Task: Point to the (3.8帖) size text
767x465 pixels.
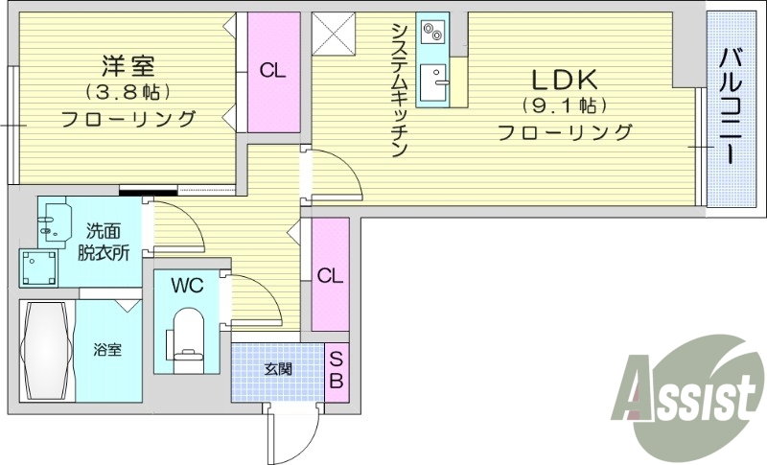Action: point(128,93)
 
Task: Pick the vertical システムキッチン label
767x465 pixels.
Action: point(400,90)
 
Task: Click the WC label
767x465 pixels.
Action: point(187,285)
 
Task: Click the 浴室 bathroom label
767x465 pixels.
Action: point(107,350)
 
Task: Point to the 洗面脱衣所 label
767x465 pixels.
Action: point(105,243)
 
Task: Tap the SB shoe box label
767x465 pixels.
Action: point(337,370)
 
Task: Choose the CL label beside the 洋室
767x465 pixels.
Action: point(272,70)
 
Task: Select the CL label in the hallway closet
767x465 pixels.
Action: point(330,275)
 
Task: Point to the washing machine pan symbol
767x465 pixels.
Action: point(38,267)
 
